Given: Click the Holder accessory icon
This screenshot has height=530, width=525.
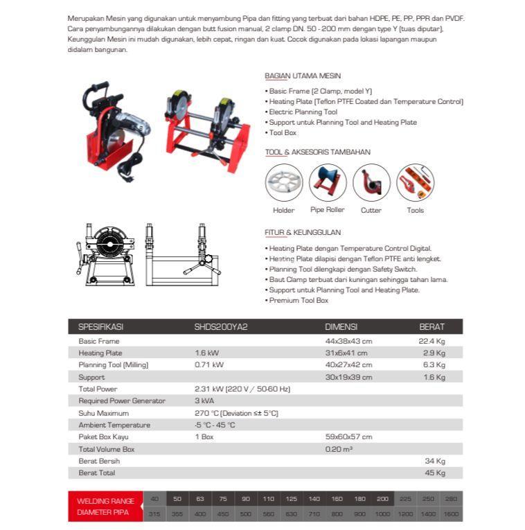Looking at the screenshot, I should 284,183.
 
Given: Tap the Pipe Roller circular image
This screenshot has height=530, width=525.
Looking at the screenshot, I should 328,183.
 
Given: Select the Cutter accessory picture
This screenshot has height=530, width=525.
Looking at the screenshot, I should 371,183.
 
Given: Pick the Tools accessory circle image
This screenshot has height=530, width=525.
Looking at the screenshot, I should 416,183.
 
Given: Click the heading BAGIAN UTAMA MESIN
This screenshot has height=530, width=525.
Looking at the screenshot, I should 303,76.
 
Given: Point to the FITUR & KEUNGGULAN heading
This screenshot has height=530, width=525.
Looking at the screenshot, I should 303,233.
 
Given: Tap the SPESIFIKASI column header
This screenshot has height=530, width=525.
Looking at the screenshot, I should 101,327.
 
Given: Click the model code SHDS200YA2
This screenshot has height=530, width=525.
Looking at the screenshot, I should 221,327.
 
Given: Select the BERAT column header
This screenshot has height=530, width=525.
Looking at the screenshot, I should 431,327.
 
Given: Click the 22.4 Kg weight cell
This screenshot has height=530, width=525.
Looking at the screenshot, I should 432,341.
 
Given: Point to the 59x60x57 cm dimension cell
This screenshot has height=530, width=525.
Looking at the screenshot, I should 348,437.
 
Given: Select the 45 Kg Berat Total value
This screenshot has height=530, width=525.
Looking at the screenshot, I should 435,473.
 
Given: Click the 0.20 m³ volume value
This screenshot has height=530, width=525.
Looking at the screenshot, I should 339,449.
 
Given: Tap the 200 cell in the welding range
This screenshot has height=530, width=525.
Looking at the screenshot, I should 382,499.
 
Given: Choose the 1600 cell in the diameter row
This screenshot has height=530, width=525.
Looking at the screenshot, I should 450,514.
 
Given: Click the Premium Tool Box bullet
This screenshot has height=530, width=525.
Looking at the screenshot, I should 298,301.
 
